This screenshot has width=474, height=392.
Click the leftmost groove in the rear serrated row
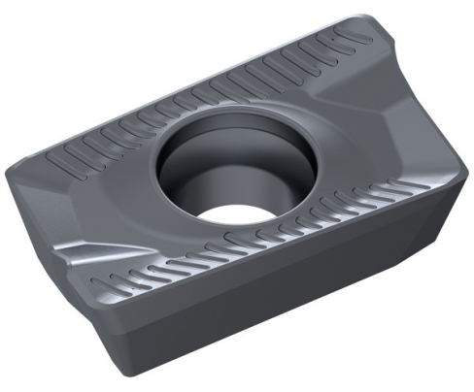(x=60, y=155)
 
